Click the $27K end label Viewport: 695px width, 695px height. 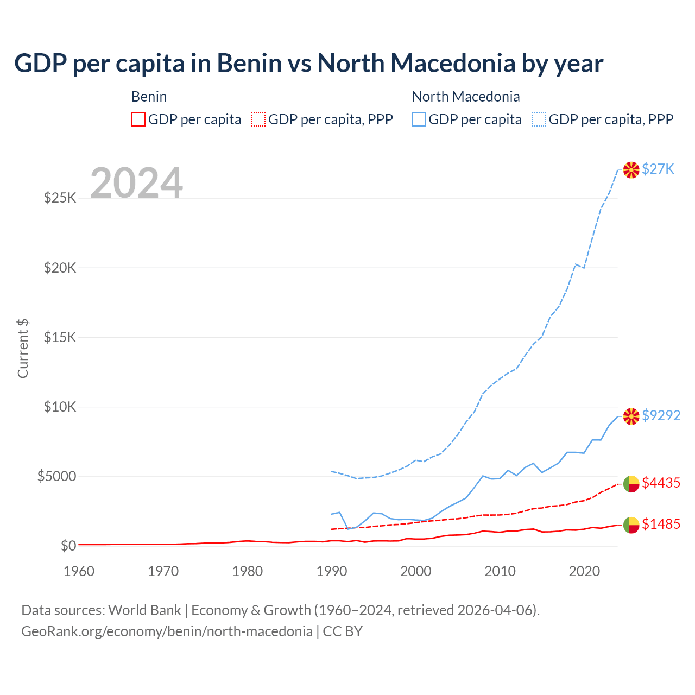click(x=658, y=169)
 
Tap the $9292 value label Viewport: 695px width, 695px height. click(x=661, y=415)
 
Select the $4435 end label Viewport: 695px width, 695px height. click(x=661, y=483)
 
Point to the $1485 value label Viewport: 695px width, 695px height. click(x=661, y=524)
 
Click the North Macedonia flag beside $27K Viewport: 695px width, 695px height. click(x=631, y=170)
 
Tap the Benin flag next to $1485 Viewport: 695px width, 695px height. click(x=631, y=525)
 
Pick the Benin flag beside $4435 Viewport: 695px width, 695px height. click(x=631, y=484)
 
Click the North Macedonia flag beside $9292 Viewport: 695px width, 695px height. click(x=631, y=416)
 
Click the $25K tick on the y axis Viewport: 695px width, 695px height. click(x=60, y=198)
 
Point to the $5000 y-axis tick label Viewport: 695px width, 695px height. click(x=56, y=477)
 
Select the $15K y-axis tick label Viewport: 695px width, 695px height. click(x=60, y=337)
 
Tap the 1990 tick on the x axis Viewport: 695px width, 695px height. click(x=332, y=571)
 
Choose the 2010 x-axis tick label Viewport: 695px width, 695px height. click(x=500, y=571)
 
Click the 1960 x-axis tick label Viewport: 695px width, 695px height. click(x=79, y=571)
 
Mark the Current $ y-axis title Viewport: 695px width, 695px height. click(x=23, y=349)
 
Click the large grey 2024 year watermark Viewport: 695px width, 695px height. click(x=136, y=183)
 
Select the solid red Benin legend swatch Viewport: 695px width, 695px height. click(x=138, y=119)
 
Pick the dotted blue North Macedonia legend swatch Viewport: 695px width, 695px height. click(x=539, y=119)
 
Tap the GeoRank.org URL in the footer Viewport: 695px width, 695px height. click(x=167, y=631)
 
